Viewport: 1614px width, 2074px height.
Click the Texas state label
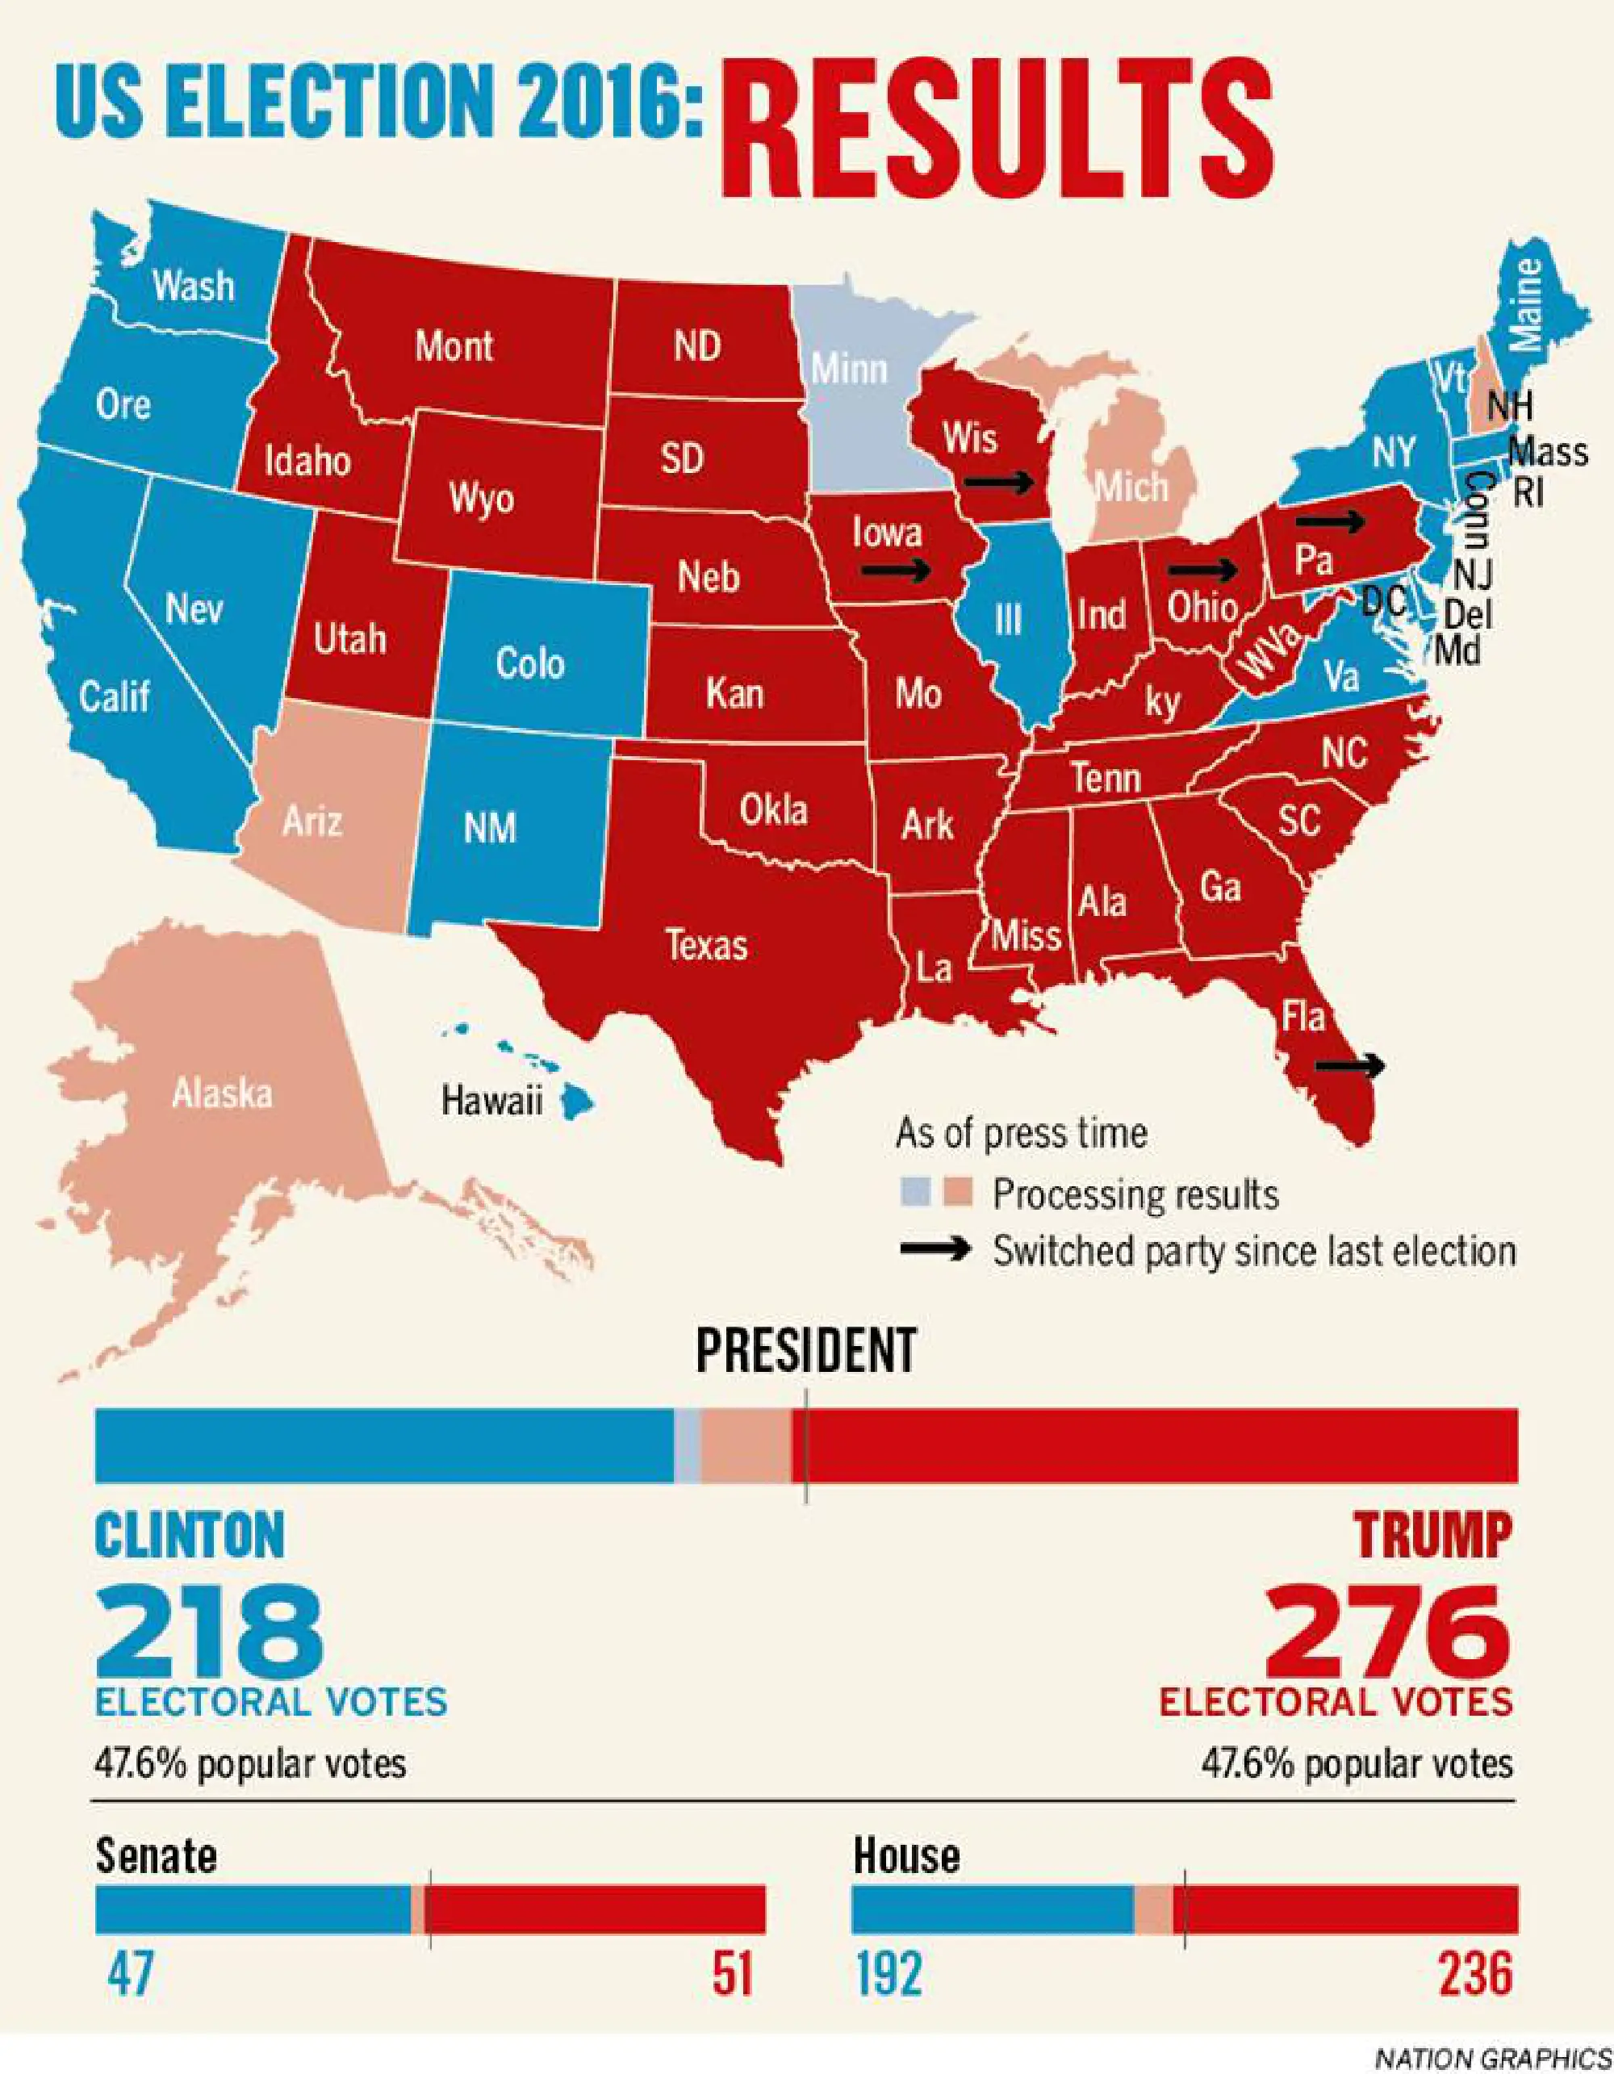point(706,945)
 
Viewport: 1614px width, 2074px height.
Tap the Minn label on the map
point(850,369)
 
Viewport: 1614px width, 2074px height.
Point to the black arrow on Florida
point(1349,1065)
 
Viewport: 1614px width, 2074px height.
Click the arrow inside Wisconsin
point(999,483)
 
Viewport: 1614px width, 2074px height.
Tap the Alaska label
point(222,1094)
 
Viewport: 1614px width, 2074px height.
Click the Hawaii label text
point(491,1101)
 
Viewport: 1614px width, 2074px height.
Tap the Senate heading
point(157,1855)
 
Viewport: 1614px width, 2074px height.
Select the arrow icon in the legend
point(935,1250)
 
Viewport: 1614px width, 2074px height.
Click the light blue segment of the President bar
point(688,1445)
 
